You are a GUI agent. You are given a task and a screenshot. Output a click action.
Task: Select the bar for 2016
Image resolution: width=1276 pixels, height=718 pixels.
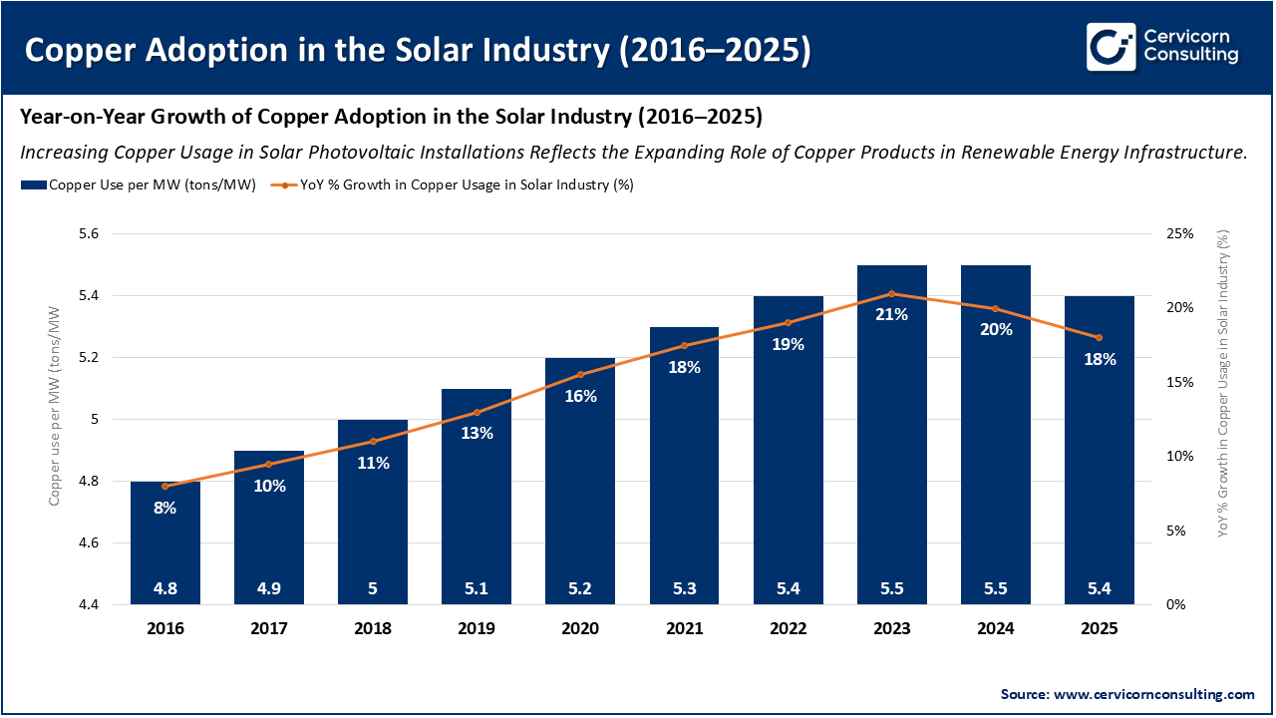coord(165,543)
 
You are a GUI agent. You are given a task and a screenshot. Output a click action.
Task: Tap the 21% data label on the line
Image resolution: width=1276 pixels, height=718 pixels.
coord(891,314)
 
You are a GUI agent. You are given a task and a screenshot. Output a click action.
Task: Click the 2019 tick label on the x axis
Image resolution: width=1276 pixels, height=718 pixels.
coord(477,629)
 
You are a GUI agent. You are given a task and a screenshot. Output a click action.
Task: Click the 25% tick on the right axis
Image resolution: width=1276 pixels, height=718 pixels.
coord(1179,234)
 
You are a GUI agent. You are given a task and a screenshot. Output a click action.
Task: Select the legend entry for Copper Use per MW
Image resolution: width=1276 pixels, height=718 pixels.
coord(139,184)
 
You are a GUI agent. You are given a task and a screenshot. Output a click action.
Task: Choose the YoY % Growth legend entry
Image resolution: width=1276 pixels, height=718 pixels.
coord(455,184)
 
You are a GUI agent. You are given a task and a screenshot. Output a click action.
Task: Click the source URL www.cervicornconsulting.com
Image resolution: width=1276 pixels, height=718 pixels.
coord(1154,694)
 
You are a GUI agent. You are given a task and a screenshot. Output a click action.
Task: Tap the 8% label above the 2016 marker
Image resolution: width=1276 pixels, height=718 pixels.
coord(165,508)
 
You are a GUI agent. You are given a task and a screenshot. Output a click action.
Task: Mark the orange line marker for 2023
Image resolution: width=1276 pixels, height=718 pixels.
coord(892,293)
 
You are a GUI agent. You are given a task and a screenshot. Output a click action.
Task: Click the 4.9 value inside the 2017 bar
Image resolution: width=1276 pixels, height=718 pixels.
coord(269,588)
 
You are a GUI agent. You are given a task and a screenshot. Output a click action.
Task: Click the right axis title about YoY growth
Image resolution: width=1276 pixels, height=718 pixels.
coord(1223,384)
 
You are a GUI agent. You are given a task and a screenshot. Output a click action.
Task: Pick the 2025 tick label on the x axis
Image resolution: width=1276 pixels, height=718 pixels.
coord(1100,629)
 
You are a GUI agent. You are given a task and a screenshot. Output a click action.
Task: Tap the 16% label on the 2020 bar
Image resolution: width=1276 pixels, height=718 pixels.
coord(580,396)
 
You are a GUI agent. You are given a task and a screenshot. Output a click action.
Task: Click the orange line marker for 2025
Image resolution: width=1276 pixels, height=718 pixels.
coord(1100,337)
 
